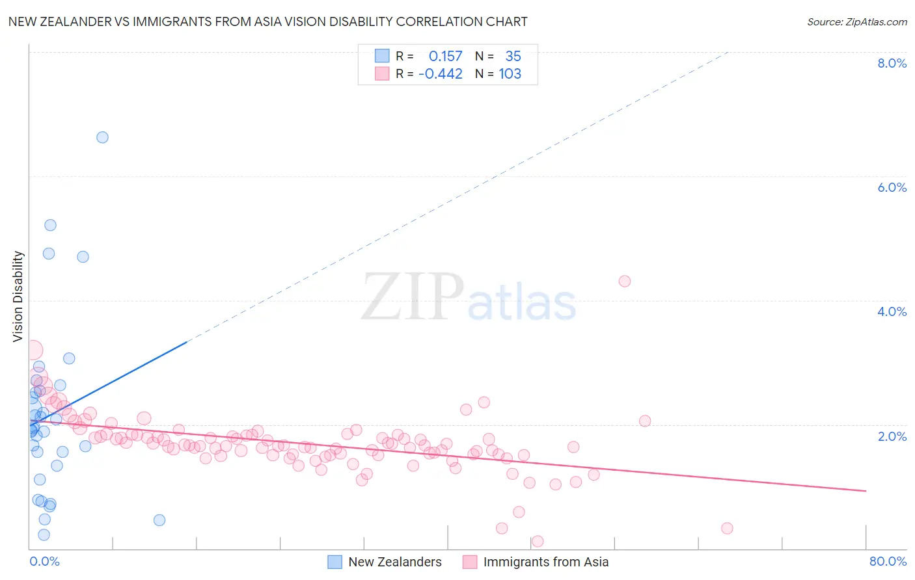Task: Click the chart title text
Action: tap(267, 21)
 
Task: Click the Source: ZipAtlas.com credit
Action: tap(856, 21)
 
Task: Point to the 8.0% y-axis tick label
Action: tap(892, 63)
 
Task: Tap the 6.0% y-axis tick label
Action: tap(892, 187)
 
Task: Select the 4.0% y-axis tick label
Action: tap(892, 311)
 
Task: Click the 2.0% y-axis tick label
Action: tap(892, 436)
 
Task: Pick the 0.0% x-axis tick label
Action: tap(44, 561)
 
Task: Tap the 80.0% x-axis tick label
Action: tap(888, 561)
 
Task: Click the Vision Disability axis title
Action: tap(18, 297)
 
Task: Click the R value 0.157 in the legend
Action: tap(445, 57)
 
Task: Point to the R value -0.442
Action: tap(441, 74)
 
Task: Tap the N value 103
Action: tap(510, 74)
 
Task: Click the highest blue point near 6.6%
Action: tap(102, 137)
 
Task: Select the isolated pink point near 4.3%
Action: tap(625, 282)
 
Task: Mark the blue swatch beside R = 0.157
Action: tap(382, 56)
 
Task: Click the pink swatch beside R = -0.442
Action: tap(382, 73)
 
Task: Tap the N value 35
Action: tap(513, 57)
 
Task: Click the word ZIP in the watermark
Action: tap(412, 297)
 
